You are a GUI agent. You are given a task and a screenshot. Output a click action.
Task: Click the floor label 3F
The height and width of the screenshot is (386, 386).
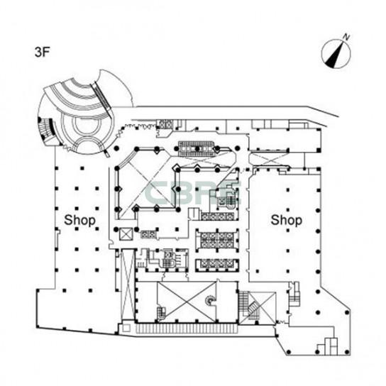(43, 52)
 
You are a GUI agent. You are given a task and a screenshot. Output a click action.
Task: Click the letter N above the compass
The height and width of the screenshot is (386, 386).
(346, 37)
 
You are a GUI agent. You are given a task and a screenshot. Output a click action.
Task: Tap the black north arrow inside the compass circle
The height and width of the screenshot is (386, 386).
(335, 55)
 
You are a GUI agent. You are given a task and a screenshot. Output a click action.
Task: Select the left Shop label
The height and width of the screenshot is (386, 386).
(79, 220)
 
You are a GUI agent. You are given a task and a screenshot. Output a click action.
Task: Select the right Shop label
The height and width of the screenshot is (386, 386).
(286, 220)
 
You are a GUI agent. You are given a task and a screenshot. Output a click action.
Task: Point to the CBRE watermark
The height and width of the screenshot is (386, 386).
(194, 194)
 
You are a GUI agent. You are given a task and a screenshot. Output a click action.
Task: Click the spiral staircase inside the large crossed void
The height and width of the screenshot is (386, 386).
(210, 300)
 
